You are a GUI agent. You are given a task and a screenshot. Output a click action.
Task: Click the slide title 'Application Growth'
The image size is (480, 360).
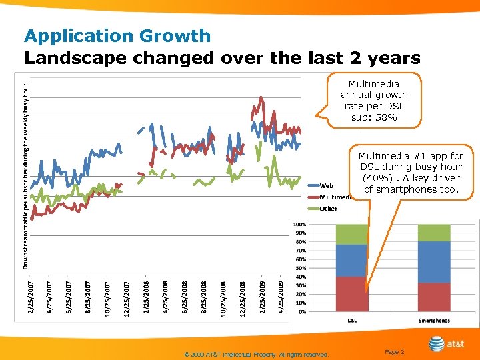[117, 36]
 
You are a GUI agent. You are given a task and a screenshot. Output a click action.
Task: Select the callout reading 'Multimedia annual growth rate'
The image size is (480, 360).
[373, 101]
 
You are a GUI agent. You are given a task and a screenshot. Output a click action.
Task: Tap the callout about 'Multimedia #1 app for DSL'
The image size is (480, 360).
[411, 173]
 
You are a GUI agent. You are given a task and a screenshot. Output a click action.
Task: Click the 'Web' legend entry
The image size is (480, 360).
[327, 185]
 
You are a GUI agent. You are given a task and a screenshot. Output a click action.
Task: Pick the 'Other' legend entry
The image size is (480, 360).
[328, 209]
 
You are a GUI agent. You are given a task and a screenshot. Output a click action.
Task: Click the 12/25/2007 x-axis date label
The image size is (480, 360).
[127, 297]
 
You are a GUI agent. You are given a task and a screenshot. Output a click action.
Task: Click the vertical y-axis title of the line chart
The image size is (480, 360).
[26, 177]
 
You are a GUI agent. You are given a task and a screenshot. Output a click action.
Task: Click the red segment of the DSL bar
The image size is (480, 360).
[351, 294]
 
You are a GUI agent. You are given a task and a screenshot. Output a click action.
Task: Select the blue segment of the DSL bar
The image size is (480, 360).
[351, 261]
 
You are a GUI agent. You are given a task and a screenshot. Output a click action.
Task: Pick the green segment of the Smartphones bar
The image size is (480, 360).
[434, 233]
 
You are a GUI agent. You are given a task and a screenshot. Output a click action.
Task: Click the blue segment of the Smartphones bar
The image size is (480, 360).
[434, 262]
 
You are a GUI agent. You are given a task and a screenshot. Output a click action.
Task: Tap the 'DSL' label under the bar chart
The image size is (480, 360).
[351, 321]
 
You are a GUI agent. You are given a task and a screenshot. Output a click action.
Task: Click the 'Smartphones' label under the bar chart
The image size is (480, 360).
[434, 321]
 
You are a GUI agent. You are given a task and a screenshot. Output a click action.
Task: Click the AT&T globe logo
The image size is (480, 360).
[437, 344]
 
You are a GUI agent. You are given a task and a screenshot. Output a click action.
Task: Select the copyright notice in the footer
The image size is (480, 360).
[257, 355]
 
